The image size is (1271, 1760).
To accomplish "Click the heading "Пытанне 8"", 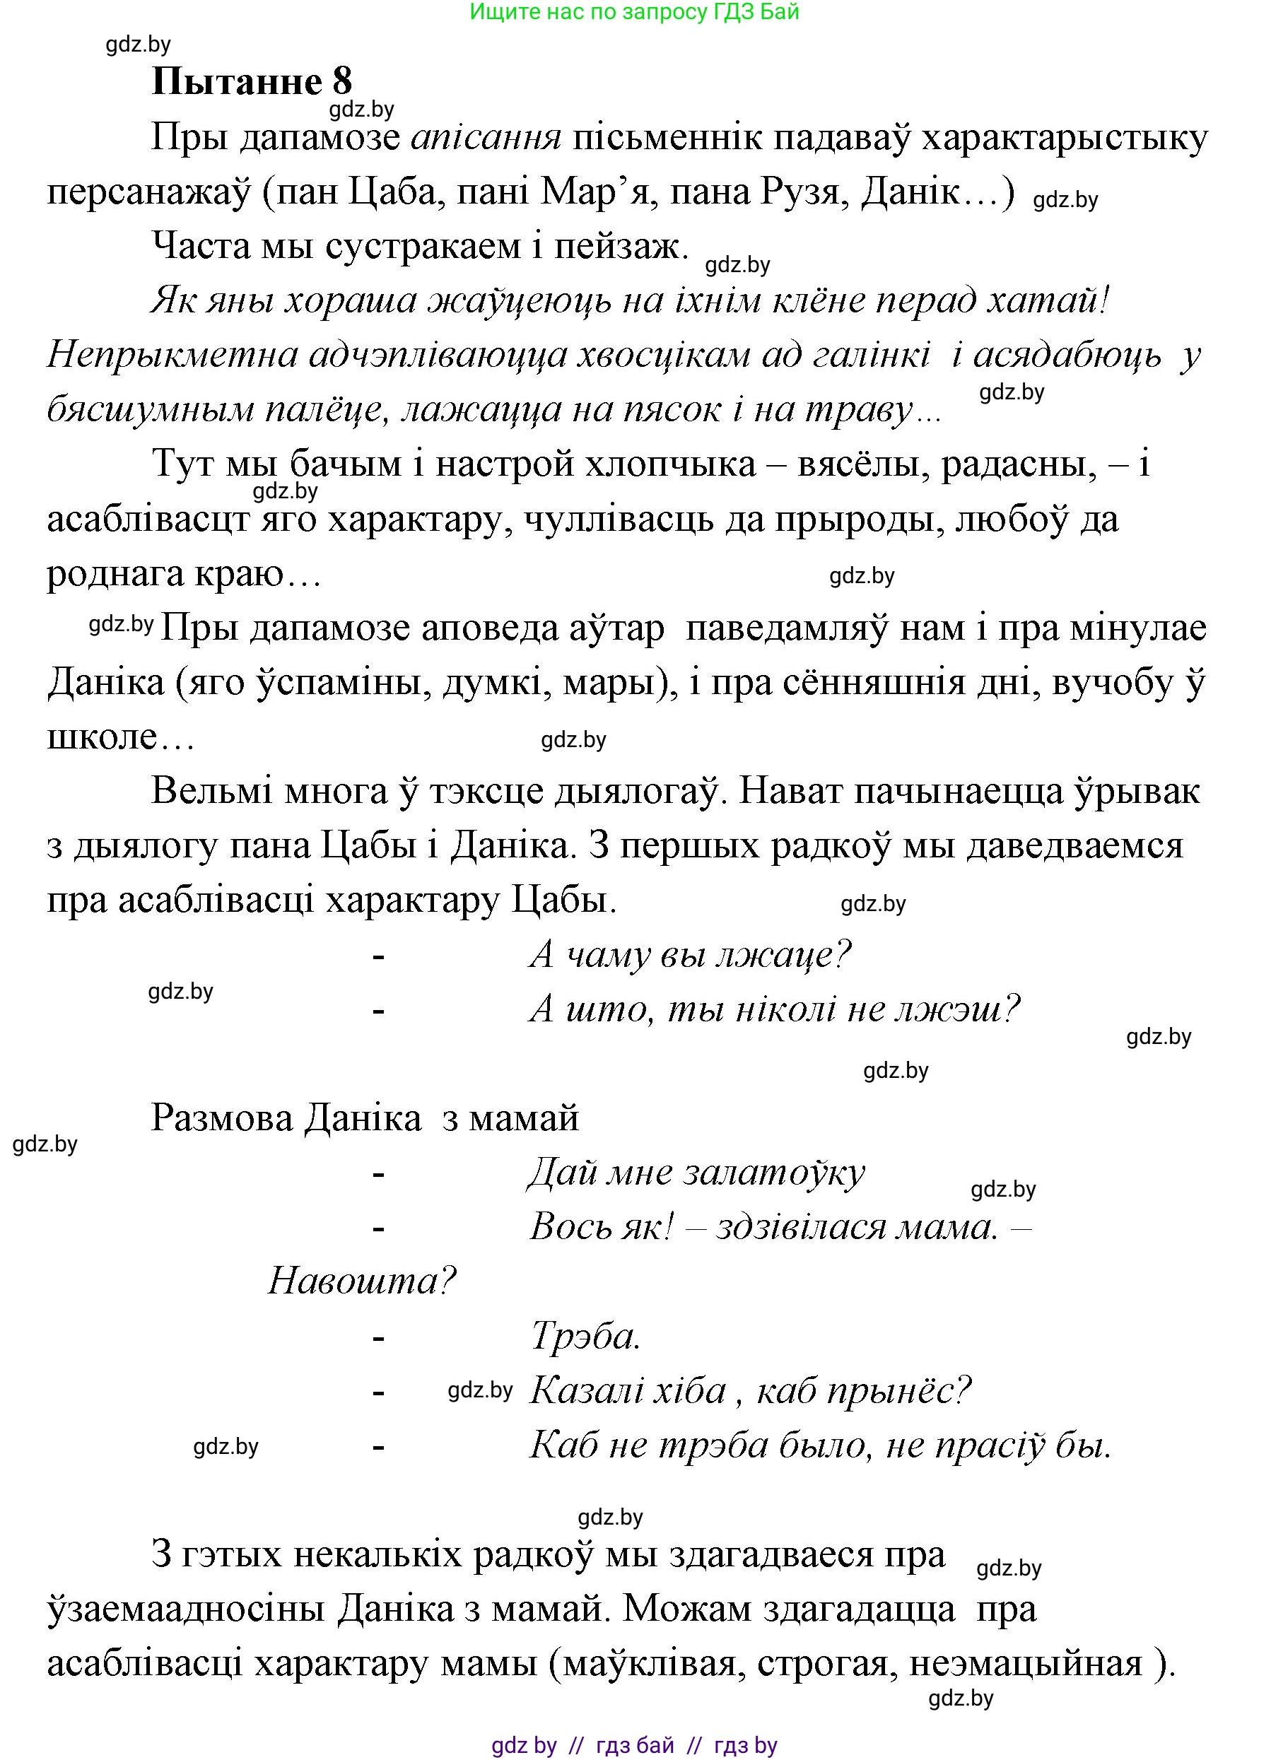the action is point(252,81).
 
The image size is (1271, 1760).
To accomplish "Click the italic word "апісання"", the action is point(486,138).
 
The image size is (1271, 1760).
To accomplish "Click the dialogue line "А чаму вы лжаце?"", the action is point(690,954).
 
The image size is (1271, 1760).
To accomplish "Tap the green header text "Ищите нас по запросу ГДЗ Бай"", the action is point(634,13).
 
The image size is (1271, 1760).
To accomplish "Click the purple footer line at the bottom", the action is point(634,1746).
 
